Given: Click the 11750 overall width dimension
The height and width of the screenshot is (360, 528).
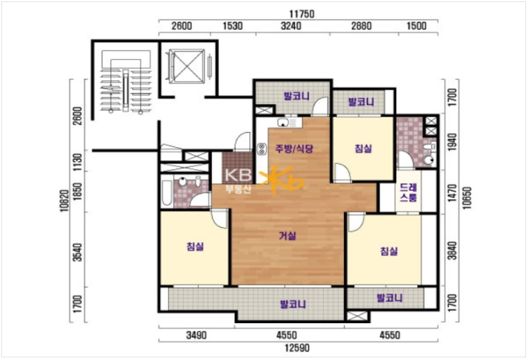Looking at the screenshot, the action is point(302,13).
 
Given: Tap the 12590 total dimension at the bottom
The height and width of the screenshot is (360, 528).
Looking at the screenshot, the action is point(297,347).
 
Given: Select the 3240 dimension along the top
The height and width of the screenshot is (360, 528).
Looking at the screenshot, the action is point(291,26).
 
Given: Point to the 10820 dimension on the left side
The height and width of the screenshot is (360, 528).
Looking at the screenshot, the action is point(65,200).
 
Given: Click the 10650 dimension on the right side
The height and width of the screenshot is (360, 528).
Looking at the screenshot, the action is point(467,198).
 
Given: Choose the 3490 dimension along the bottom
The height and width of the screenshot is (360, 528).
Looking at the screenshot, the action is point(196,335).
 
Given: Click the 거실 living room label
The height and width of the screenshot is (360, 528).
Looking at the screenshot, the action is point(288,236).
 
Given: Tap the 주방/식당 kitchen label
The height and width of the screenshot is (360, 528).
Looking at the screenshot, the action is point(294,148).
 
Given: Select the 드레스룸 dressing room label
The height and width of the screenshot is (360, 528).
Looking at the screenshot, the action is point(409,192).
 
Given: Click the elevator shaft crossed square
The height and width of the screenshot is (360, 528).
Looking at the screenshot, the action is point(187,66).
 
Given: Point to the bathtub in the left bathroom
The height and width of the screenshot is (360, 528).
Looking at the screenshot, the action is point(167,193).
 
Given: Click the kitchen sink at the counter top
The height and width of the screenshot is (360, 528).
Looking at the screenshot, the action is point(283,122).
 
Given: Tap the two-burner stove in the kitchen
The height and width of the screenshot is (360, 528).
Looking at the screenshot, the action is point(262,149).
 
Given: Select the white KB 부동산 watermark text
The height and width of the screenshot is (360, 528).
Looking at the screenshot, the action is point(238,181).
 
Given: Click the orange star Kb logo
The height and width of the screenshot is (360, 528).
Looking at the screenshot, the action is point(281,180).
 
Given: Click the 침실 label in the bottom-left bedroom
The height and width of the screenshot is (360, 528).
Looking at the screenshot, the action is point(195,246).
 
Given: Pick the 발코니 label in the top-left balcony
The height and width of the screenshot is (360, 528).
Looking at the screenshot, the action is point(296,97).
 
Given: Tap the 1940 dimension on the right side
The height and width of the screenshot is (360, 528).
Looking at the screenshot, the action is point(453,141).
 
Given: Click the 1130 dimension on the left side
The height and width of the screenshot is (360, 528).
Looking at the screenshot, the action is point(77,162).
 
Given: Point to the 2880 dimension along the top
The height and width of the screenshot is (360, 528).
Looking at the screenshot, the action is point(361,26).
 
